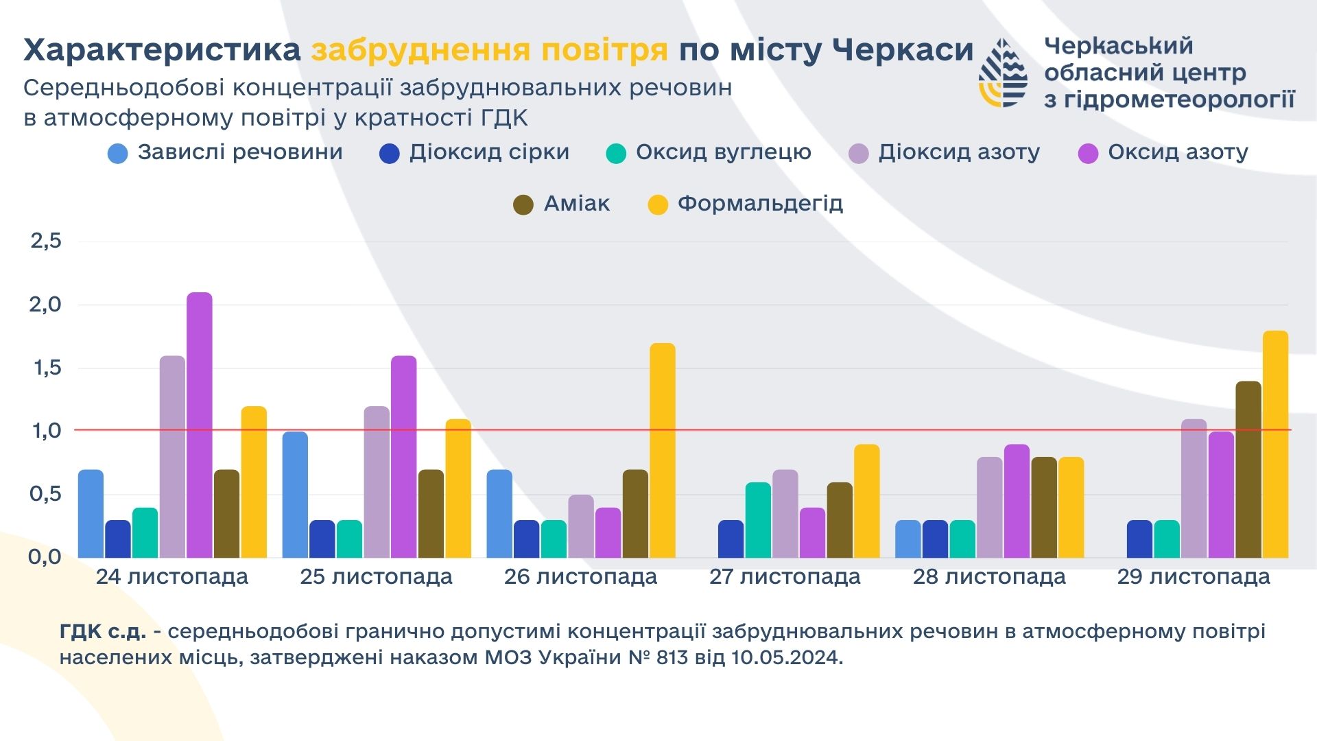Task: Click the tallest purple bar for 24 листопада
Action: [x=199, y=425]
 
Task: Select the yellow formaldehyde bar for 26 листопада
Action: [x=662, y=451]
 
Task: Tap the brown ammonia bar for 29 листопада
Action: [x=1248, y=470]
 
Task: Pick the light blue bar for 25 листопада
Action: [x=295, y=495]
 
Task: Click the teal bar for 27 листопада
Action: [x=758, y=520]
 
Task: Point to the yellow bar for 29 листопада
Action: [x=1275, y=445]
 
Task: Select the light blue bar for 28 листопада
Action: [x=908, y=539]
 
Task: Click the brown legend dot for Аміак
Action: [x=523, y=204]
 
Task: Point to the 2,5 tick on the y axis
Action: [x=46, y=241]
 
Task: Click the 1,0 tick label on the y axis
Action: [x=46, y=431]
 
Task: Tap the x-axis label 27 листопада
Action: [x=785, y=577]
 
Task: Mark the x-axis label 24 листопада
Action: [x=171, y=577]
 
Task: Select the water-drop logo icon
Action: [x=1003, y=73]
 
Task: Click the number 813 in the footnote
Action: [x=672, y=657]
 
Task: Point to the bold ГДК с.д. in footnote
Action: [x=103, y=631]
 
